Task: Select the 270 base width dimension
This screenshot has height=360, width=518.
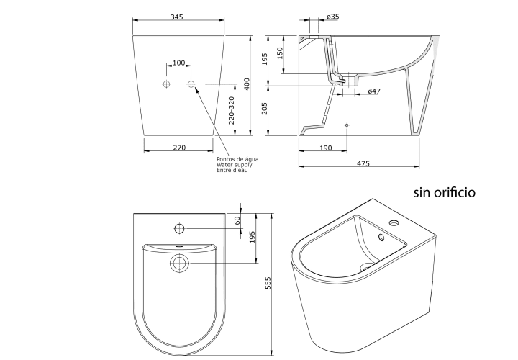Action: tap(179, 148)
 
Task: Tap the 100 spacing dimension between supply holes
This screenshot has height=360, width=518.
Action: tap(178, 63)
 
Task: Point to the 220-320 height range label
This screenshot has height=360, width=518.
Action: tap(231, 110)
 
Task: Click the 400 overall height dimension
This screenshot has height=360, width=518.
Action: tap(247, 84)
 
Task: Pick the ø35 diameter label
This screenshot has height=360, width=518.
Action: tap(332, 16)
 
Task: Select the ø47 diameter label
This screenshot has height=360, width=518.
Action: tap(374, 91)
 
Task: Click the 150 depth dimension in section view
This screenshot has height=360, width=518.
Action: tap(280, 53)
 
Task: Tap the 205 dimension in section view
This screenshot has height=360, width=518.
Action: tap(264, 109)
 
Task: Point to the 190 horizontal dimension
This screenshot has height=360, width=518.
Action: tap(325, 148)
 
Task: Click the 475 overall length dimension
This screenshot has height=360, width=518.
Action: tap(363, 163)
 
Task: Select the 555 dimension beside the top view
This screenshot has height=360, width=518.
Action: tap(268, 283)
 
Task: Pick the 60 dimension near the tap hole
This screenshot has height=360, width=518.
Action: tap(237, 220)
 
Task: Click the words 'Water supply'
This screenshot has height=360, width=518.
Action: tap(235, 165)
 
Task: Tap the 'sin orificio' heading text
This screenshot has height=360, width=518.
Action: tap(445, 192)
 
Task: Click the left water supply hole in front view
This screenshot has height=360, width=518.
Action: tap(166, 84)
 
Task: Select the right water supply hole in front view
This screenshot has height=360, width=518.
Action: tap(191, 84)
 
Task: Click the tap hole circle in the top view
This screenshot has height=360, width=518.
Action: tap(179, 228)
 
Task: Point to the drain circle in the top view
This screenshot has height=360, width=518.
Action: tap(180, 263)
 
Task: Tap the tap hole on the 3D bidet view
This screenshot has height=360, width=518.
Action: tap(394, 223)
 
